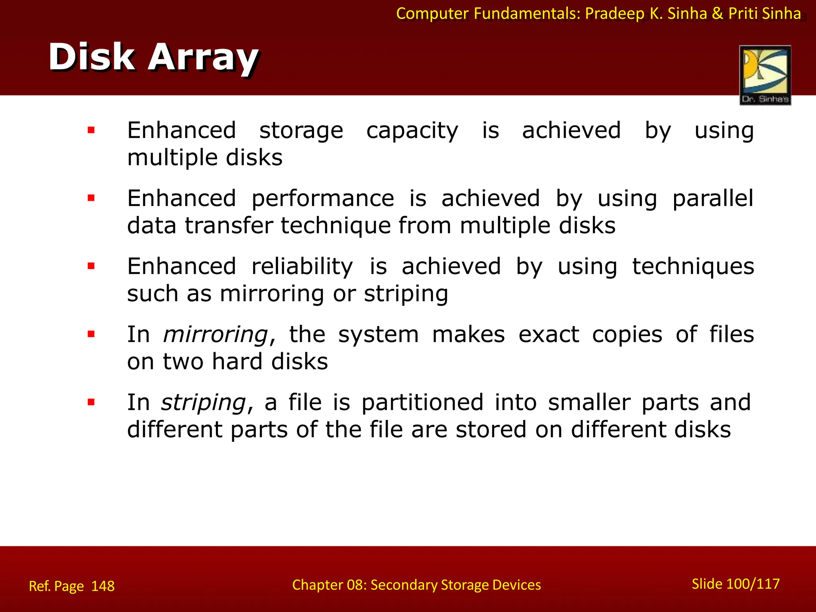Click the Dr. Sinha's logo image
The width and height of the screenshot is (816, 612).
765,75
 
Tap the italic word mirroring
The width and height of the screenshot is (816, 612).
216,334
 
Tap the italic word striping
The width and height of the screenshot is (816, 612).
204,402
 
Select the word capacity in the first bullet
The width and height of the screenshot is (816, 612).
412,131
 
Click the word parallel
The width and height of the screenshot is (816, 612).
713,198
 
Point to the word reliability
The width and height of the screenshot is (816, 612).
302,267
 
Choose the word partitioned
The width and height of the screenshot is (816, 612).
422,402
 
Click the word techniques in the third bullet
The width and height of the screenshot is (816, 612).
693,267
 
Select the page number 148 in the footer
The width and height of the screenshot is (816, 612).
103,586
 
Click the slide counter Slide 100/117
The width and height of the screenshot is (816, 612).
736,584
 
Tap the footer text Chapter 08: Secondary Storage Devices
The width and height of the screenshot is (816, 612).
416,585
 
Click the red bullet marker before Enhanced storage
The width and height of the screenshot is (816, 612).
91,130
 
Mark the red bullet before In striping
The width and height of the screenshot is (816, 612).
91,402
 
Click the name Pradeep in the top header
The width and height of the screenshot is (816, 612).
614,14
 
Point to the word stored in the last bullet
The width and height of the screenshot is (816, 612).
491,430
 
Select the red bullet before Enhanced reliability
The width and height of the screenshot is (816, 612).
91,266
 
